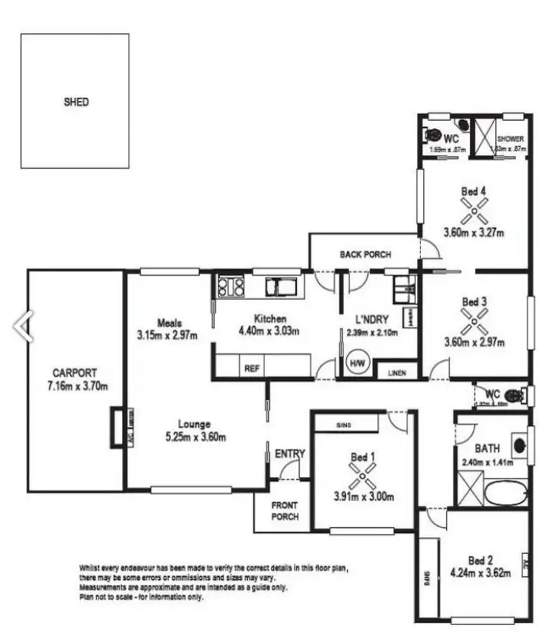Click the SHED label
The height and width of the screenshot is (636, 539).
76,102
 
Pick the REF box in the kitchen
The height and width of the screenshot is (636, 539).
252,367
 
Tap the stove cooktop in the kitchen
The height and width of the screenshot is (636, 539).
230,287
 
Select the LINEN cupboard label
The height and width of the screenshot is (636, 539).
397,373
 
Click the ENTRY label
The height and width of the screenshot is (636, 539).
290,454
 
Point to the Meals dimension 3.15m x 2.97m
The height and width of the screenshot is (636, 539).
167,335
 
